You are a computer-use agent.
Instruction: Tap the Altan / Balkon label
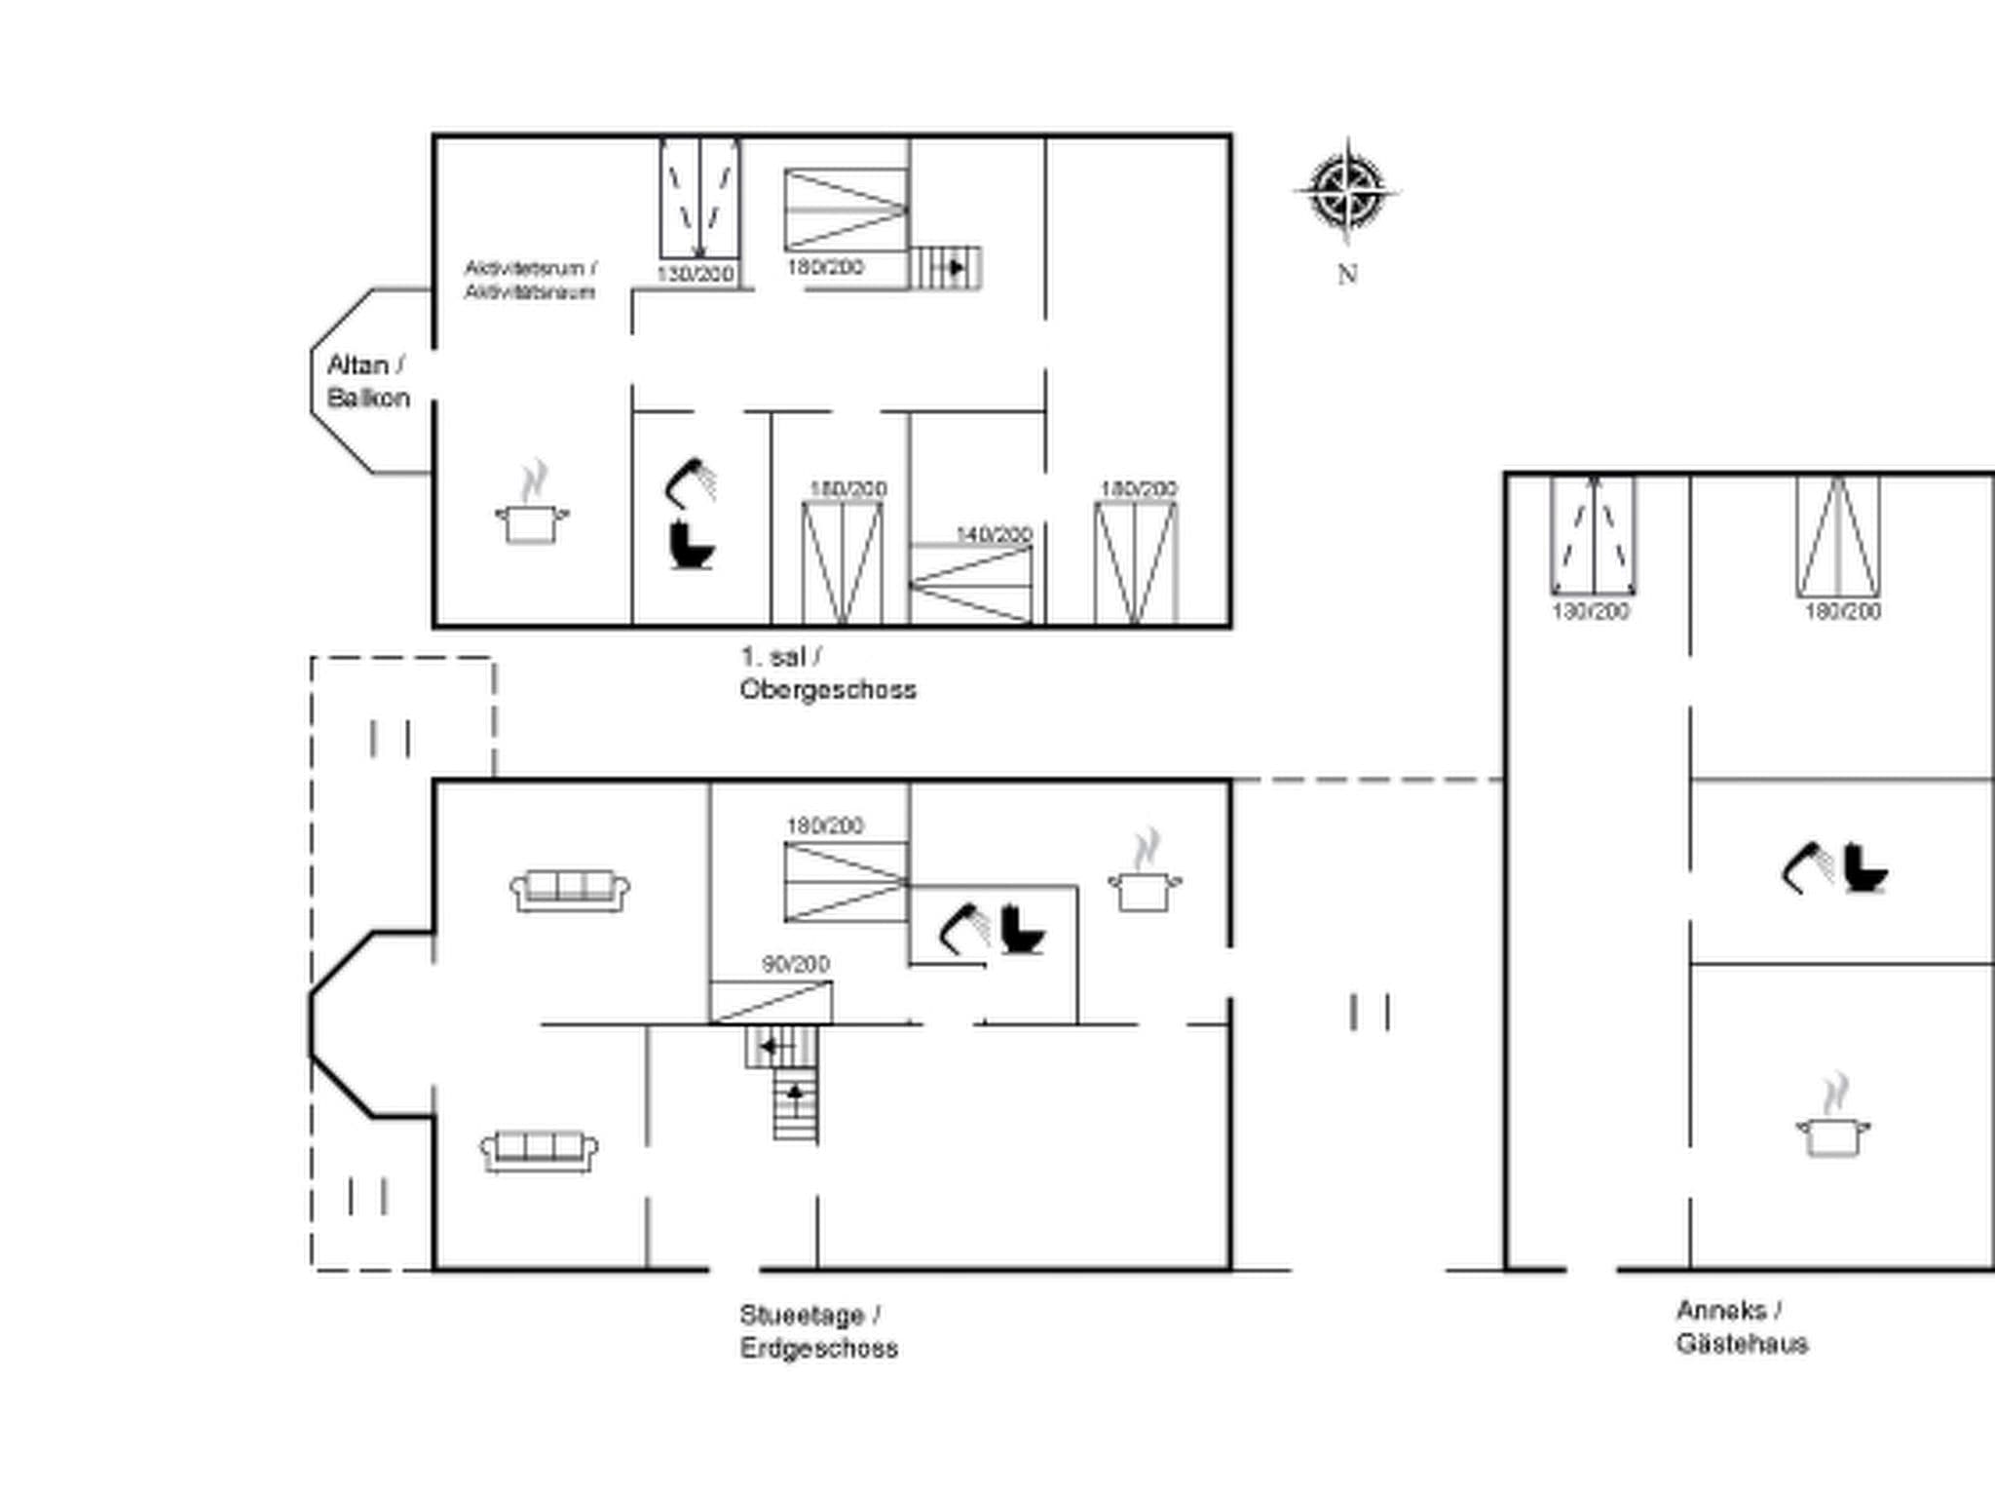pos(367,381)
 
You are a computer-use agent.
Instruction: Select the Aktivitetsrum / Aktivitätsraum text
pos(530,280)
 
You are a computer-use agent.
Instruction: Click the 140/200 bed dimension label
pos(994,535)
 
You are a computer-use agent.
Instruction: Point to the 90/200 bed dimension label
pos(796,964)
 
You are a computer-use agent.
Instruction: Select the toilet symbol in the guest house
pos(1864,868)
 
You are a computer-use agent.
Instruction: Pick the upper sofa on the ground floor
pos(570,890)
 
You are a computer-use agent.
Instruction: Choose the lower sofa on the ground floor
pos(539,1151)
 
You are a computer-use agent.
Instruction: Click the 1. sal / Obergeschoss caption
pos(827,672)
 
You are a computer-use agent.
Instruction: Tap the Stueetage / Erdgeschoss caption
pos(817,1331)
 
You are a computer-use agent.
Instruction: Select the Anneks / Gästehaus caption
pos(1741,1326)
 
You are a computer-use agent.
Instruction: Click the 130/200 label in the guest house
pos(1590,611)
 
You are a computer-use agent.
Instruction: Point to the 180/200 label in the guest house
pos(1842,611)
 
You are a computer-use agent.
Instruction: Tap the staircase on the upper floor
pos(946,267)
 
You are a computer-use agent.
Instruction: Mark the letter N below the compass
pos(1347,275)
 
